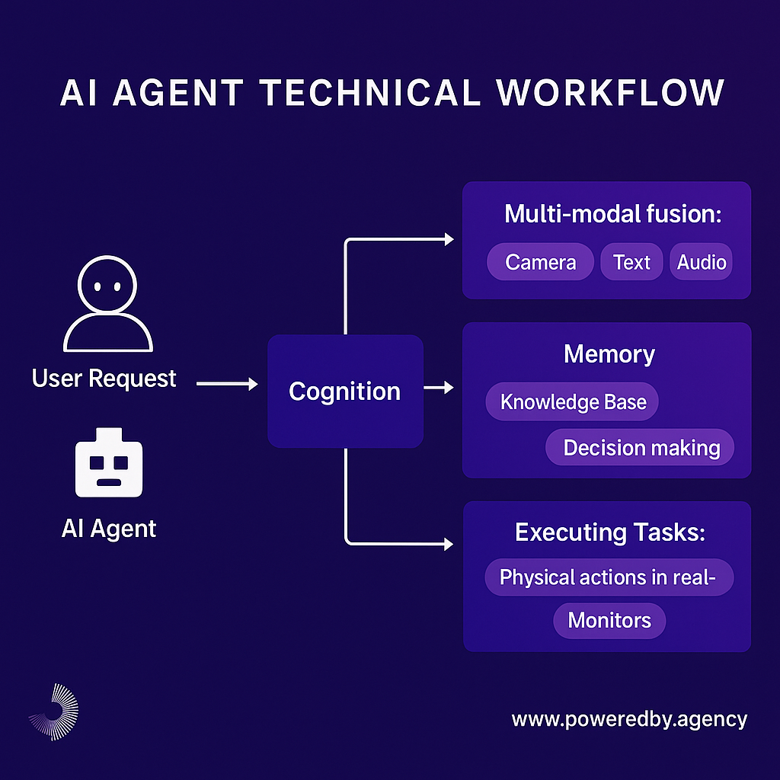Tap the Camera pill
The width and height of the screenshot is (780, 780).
(540, 262)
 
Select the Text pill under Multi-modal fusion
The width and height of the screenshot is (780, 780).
(631, 262)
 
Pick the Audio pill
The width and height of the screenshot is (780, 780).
(701, 262)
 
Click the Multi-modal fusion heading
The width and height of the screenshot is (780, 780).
(612, 214)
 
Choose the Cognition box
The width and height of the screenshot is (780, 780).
(345, 392)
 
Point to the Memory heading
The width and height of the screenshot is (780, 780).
(609, 354)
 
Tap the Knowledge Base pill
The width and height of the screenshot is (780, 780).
(572, 401)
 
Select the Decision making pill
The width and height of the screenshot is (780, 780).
(641, 447)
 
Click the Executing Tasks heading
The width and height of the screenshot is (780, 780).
(610, 532)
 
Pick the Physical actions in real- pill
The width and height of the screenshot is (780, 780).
(609, 577)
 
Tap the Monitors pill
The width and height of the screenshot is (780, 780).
(609, 620)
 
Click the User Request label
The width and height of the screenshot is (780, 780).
(104, 379)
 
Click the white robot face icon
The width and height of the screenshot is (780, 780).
(109, 462)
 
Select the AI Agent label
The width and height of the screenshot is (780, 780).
(109, 529)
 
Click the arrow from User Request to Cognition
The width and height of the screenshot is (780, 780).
(226, 385)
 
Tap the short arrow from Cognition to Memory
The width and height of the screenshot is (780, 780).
(438, 388)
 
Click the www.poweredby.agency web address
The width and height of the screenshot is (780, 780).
(629, 719)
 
